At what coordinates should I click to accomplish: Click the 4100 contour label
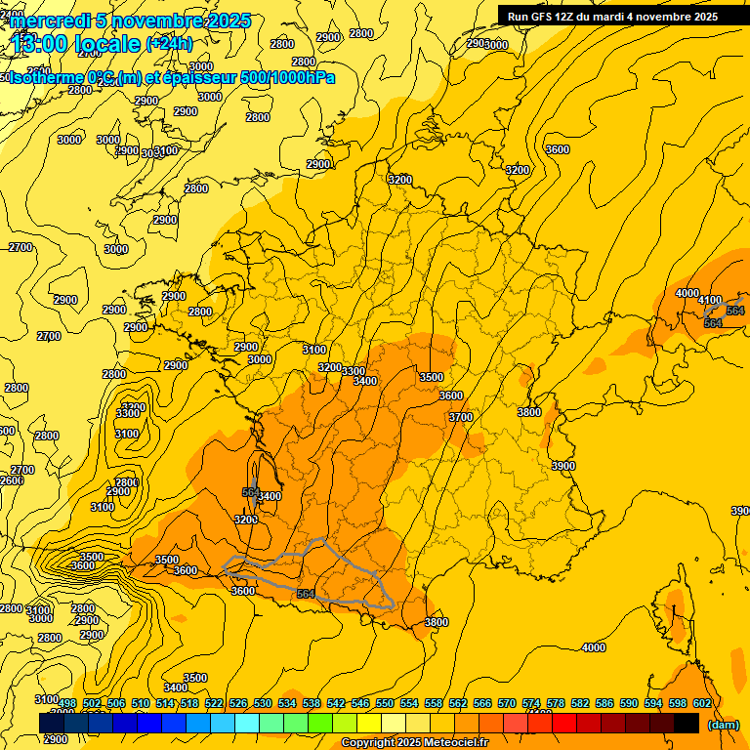point(710,300)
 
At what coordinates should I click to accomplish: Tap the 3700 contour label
point(461,417)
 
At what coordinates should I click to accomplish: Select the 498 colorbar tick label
point(67,703)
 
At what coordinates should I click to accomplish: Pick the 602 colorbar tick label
point(701,703)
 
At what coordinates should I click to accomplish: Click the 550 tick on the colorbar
point(384,703)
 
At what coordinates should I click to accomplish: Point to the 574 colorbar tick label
point(530,703)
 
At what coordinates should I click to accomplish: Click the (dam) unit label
point(723,725)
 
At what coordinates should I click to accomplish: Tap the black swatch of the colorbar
point(687,723)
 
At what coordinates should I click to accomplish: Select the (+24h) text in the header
point(169,44)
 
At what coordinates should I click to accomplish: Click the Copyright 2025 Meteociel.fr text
point(414,743)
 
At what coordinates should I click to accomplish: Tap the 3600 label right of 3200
point(558,149)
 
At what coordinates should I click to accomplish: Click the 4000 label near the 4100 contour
point(687,293)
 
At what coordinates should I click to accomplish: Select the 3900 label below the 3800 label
point(562,466)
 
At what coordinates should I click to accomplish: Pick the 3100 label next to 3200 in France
point(314,349)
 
